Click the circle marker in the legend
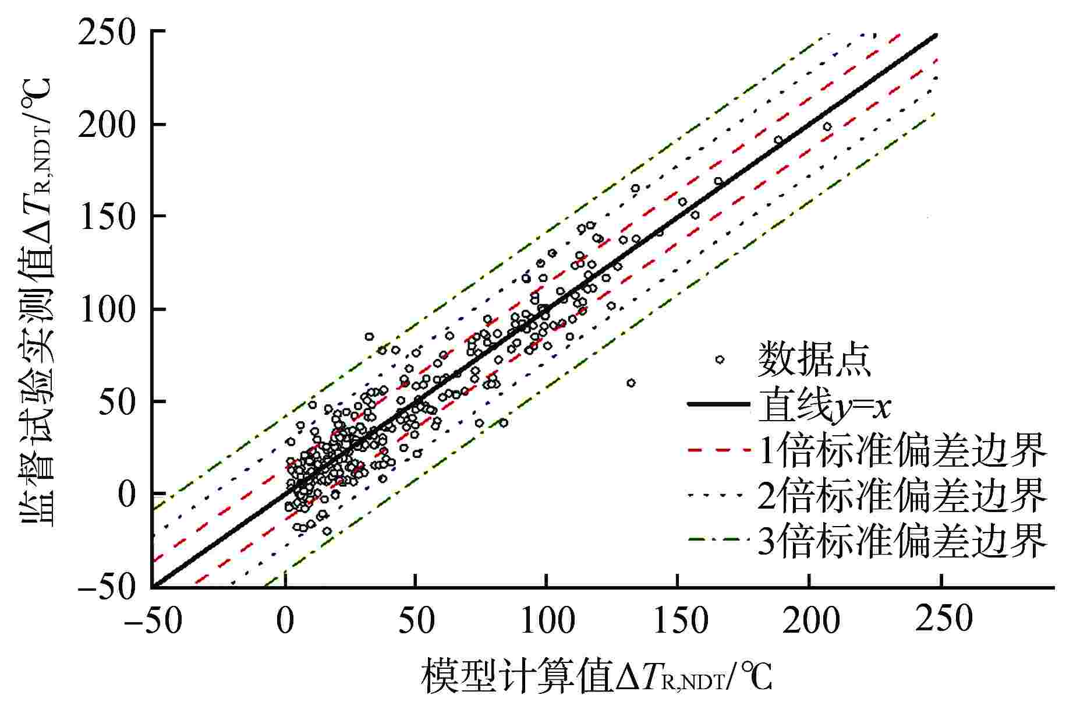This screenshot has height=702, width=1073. pyautogui.click(x=720, y=359)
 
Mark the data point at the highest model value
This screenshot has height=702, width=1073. pyautogui.click(x=827, y=126)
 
